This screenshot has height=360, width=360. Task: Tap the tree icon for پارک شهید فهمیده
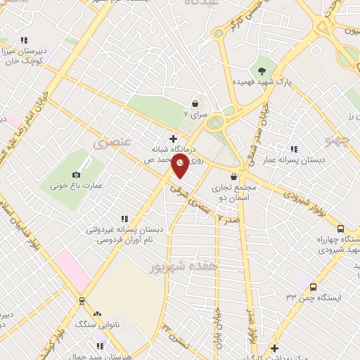point(262,69)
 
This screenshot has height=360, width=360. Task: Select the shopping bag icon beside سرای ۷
point(195,104)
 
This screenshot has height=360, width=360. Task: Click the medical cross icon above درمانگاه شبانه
point(174,139)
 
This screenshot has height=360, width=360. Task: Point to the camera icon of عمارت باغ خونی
point(76,174)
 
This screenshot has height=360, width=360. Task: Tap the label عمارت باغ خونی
point(76,186)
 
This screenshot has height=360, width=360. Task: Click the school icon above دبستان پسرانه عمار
point(294,148)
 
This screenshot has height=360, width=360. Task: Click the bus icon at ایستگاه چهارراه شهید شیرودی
point(340,229)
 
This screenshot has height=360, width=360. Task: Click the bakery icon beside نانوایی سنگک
point(97,314)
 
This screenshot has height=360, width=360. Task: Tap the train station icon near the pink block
point(82,301)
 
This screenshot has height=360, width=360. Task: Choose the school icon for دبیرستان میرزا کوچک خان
point(25,40)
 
